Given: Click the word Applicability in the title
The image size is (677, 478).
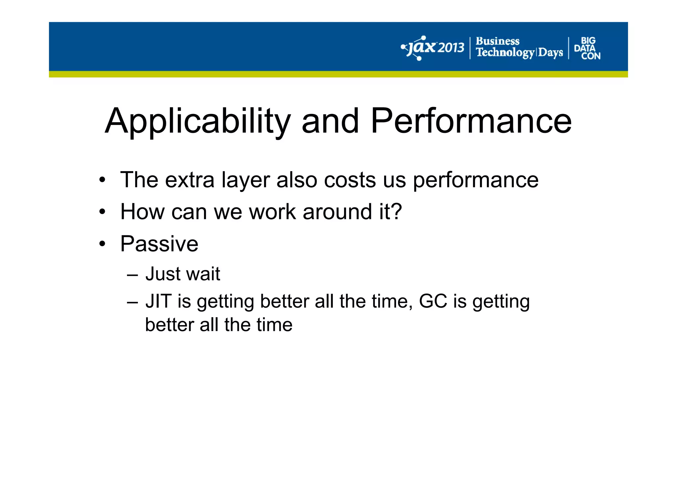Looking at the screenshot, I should click(197, 121).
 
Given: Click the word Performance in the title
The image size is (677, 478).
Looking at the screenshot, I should click(471, 121).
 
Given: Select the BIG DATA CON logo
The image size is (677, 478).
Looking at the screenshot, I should click(587, 48).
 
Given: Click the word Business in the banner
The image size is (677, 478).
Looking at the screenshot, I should click(497, 41).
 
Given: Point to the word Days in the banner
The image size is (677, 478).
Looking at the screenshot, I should click(550, 52).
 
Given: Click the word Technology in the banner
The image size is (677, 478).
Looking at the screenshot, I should click(505, 52).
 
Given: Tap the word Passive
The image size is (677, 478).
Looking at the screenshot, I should click(159, 244).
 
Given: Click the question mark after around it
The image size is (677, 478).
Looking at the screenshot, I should click(396, 211).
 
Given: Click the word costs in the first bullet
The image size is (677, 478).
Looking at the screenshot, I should click(350, 180).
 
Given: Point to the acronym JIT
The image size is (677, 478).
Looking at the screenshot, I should click(158, 301).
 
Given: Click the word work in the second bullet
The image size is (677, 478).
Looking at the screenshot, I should click(272, 211).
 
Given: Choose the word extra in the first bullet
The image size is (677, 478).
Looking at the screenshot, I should click(189, 180).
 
